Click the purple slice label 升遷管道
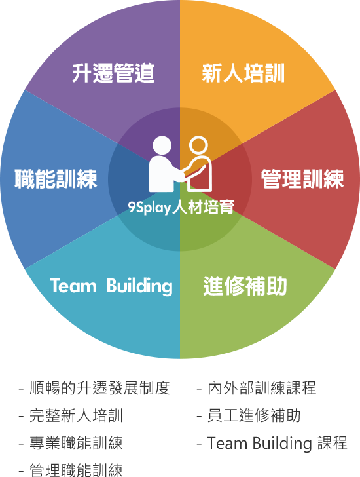point(113,73)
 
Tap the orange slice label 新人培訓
point(243,73)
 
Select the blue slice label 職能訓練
point(56,179)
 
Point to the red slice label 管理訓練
point(302,179)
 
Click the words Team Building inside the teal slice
point(111,286)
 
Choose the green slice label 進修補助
point(245,286)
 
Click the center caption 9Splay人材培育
point(181,207)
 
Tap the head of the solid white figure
point(162,145)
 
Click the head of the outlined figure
point(198,145)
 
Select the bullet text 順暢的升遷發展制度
point(99,388)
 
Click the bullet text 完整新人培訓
point(76,415)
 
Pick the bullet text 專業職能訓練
point(76,443)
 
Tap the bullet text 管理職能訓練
point(76,470)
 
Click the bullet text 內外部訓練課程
point(262,388)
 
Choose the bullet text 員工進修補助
point(254,415)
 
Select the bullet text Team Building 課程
point(277,443)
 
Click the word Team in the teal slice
point(73,286)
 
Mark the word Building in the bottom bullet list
point(282,444)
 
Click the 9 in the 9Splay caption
point(132,207)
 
